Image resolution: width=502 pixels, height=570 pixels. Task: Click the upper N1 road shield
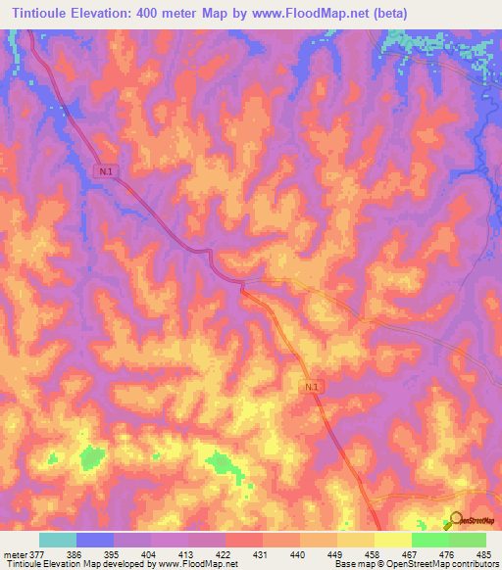click(105, 171)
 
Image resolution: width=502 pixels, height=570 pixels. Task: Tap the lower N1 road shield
click(311, 388)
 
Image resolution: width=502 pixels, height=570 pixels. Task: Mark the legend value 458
click(375, 553)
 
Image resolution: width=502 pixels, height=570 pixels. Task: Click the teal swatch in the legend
click(57, 540)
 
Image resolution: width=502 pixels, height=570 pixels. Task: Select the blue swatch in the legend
click(95, 540)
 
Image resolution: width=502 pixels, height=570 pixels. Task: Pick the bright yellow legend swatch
click(393, 540)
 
